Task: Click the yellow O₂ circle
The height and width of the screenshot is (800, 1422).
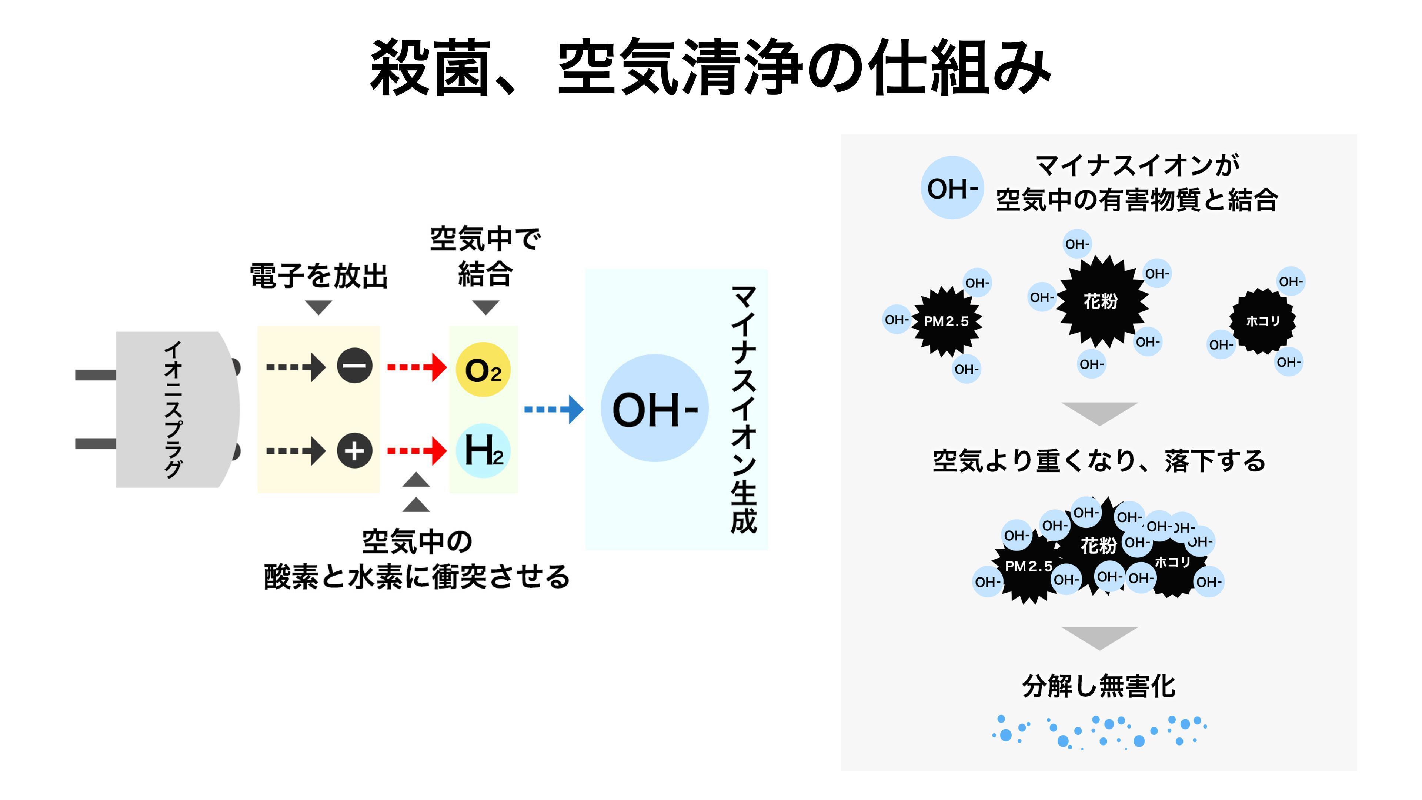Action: tap(483, 369)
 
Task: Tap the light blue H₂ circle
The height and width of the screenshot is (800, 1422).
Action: tap(483, 450)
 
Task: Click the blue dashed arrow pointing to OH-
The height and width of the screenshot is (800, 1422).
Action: tap(553, 409)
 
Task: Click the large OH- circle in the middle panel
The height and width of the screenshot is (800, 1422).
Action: tap(655, 409)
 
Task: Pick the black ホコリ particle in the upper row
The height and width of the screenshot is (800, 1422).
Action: tap(1262, 321)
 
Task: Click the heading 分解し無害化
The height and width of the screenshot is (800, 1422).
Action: tap(1098, 686)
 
